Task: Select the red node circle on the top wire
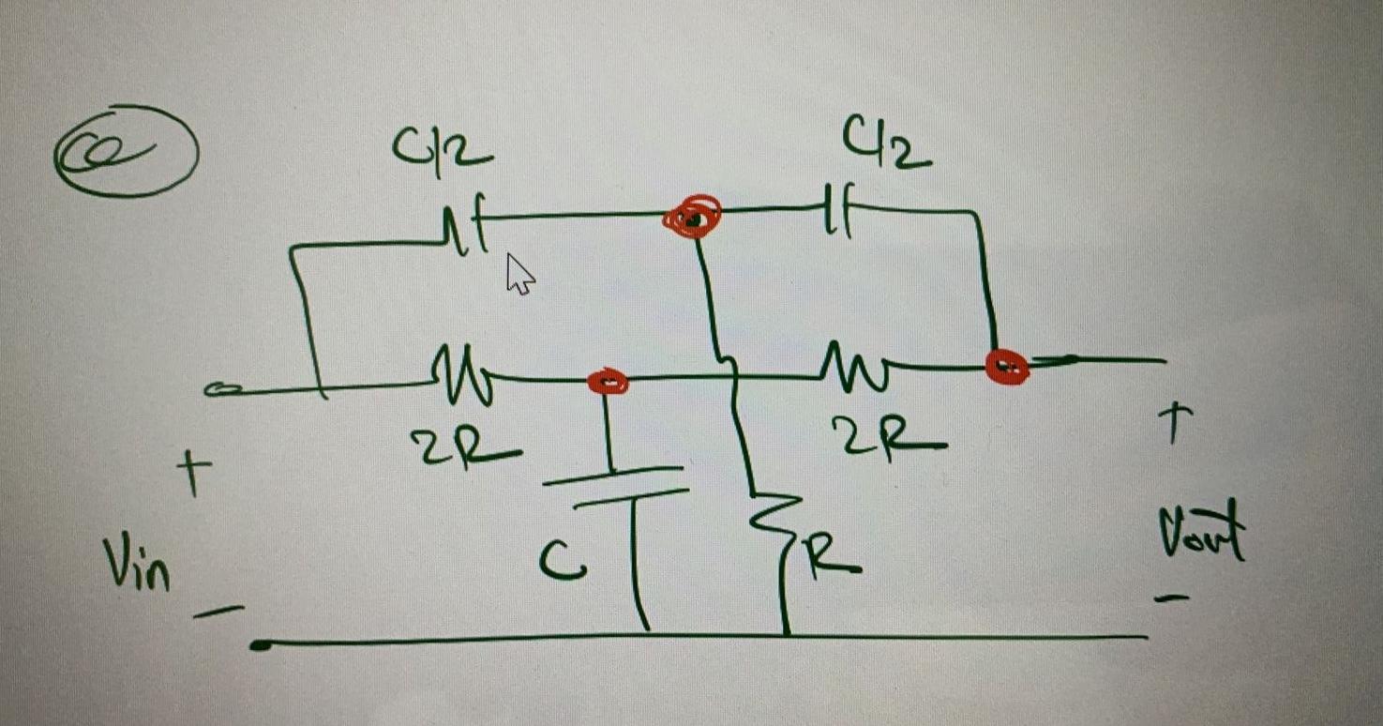693,218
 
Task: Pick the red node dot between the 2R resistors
608,381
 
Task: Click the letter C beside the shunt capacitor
563,563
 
